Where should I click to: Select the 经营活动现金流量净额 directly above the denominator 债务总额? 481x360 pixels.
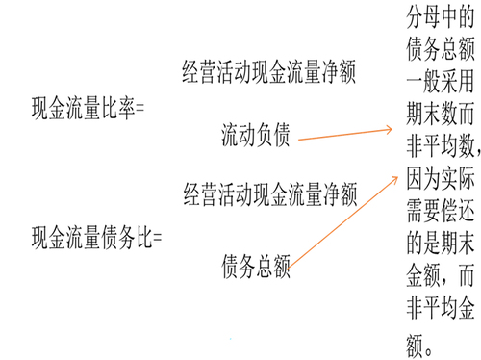coord(255,197)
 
